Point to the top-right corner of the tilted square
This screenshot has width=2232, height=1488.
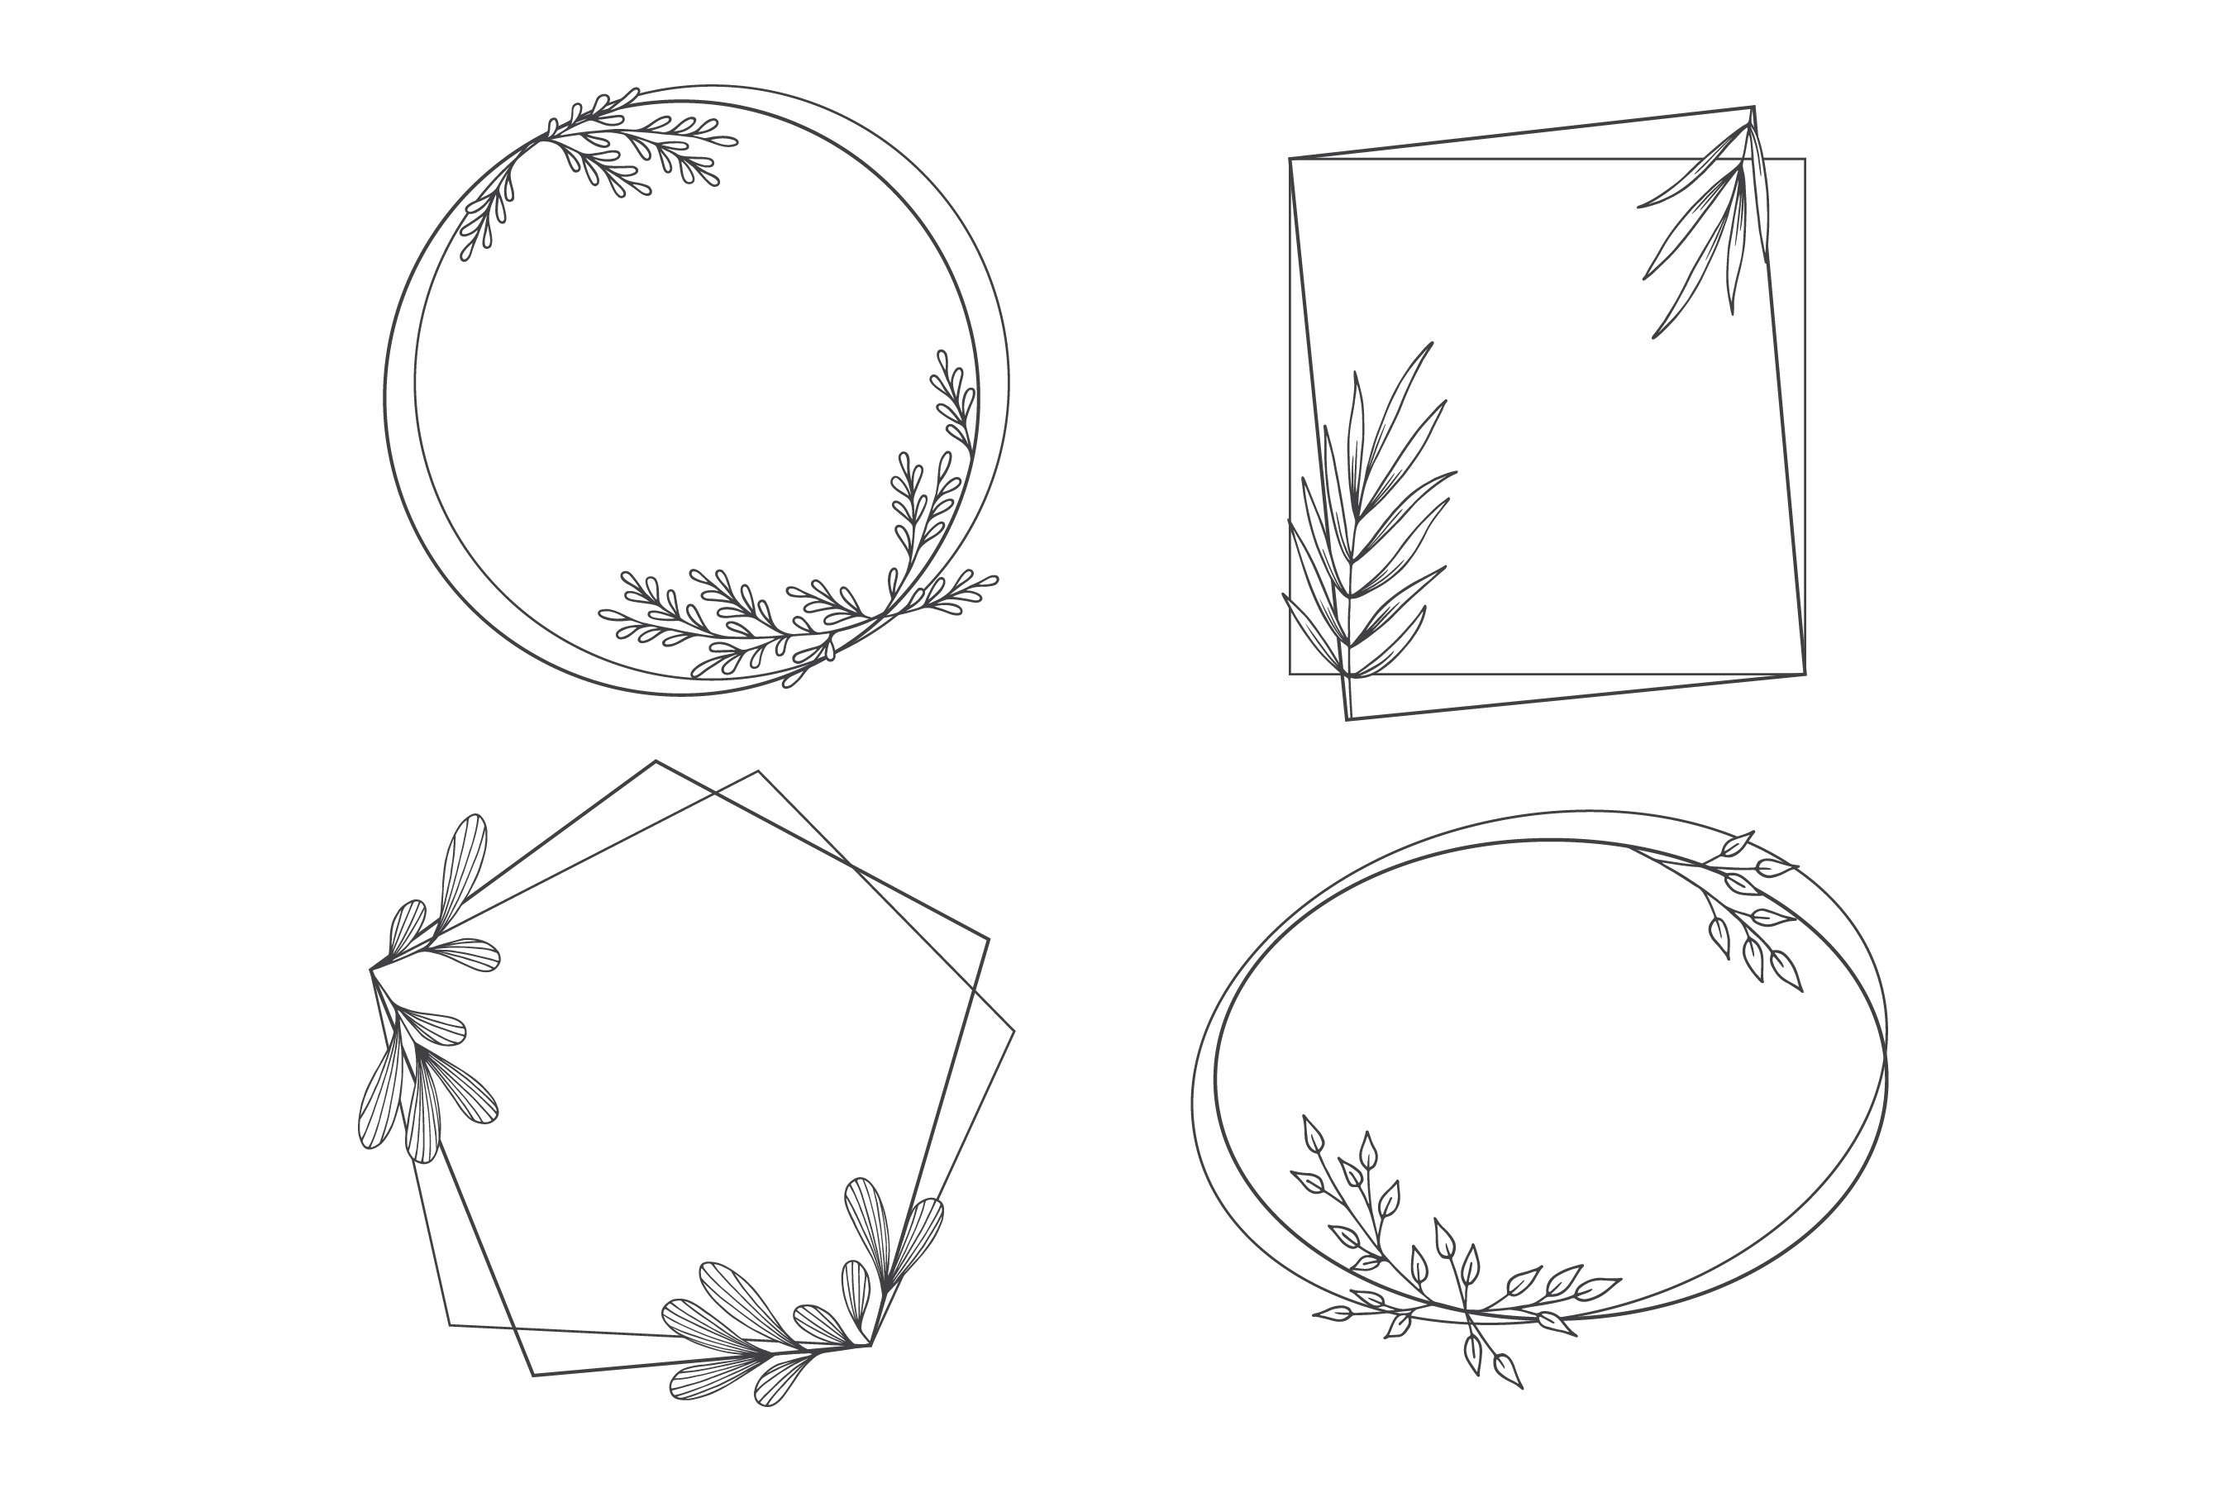pos(1752,107)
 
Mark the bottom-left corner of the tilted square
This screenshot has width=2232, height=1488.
pos(1347,720)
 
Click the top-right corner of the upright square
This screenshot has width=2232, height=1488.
pos(1804,160)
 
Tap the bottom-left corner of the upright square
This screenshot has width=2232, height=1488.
pos(1290,674)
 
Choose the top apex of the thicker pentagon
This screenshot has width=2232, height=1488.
pos(656,761)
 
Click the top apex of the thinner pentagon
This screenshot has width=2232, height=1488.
pos(757,771)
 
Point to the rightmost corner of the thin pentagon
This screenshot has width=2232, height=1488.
pos(1013,1031)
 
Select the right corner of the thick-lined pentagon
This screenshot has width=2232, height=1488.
pos(989,939)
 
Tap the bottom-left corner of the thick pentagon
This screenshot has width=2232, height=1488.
pos(533,1375)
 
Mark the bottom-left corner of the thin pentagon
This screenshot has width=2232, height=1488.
pos(449,1325)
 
